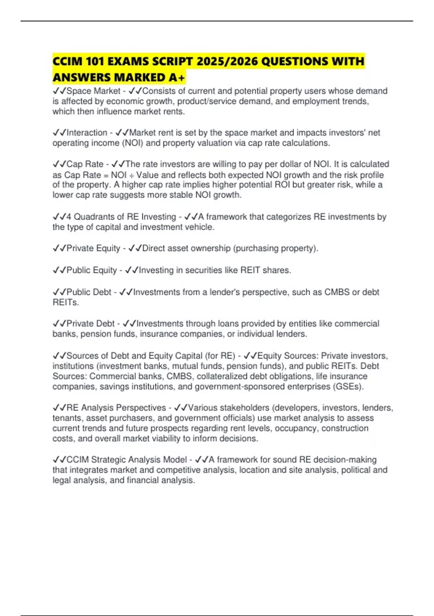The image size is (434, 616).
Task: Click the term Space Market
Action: [x=93, y=91]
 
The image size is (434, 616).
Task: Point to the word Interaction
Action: [x=87, y=133]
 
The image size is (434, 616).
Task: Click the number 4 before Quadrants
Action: [x=69, y=217]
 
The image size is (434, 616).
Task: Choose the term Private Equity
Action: [x=93, y=248]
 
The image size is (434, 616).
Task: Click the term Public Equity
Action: [x=92, y=270]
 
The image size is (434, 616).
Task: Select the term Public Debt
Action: [x=89, y=292]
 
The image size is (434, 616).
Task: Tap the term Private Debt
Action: [x=90, y=324]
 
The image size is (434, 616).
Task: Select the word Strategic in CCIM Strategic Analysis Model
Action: [x=107, y=460]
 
